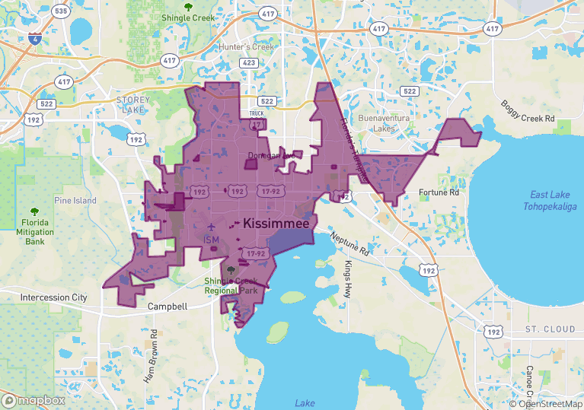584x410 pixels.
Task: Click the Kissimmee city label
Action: point(277,225)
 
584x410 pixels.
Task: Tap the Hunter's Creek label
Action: point(246,47)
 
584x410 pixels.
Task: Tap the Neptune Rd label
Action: point(349,243)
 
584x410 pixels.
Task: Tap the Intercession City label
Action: point(54,297)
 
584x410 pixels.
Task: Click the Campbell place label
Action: point(167,307)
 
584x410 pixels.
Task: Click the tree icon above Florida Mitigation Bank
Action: point(33,212)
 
